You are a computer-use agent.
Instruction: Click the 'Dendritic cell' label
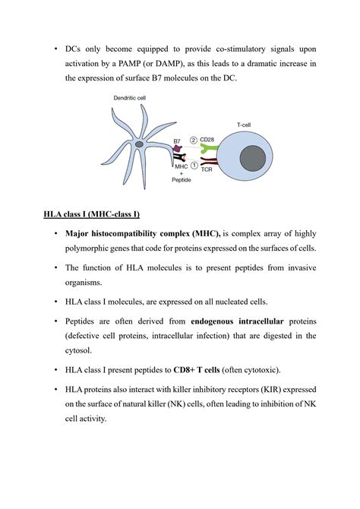coord(130,98)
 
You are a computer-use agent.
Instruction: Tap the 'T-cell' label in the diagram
coord(244,125)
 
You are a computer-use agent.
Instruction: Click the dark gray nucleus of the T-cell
coord(253,159)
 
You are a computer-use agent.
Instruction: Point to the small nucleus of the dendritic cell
coord(139,144)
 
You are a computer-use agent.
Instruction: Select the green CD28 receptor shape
coord(209,149)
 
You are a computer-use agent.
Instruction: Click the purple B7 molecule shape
coord(177,148)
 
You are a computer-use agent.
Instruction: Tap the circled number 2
coord(194,140)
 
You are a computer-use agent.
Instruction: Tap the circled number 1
coord(194,166)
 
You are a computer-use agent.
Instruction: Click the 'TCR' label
coord(207,169)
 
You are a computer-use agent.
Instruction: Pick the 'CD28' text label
coord(207,140)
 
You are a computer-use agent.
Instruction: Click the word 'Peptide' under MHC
coord(182,180)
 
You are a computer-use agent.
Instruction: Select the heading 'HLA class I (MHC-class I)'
coord(92,214)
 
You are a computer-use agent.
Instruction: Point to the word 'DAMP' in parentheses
coord(167,64)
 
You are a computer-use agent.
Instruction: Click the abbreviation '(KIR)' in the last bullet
coord(270,390)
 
